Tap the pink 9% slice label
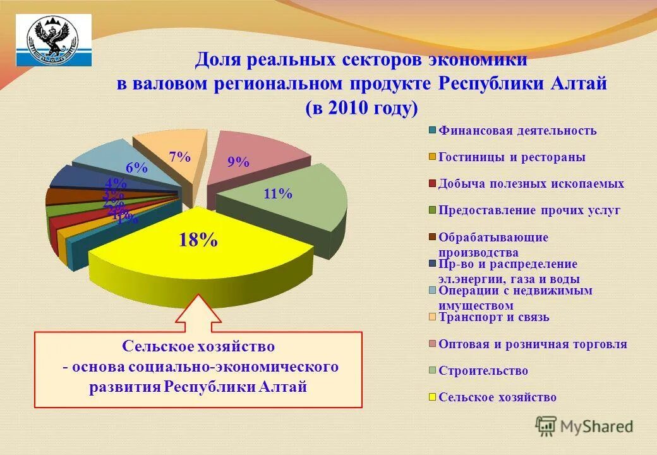tap(239, 162)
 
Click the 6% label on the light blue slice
tap(136, 168)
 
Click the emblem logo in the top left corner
tap(53, 40)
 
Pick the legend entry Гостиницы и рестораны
tap(512, 157)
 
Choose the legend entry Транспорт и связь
tap(494, 317)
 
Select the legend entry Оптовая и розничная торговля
tap(533, 344)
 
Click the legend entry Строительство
tap(483, 371)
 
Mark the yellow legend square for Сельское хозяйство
tap(433, 397)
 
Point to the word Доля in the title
tap(219, 60)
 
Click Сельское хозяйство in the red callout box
tap(198, 346)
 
